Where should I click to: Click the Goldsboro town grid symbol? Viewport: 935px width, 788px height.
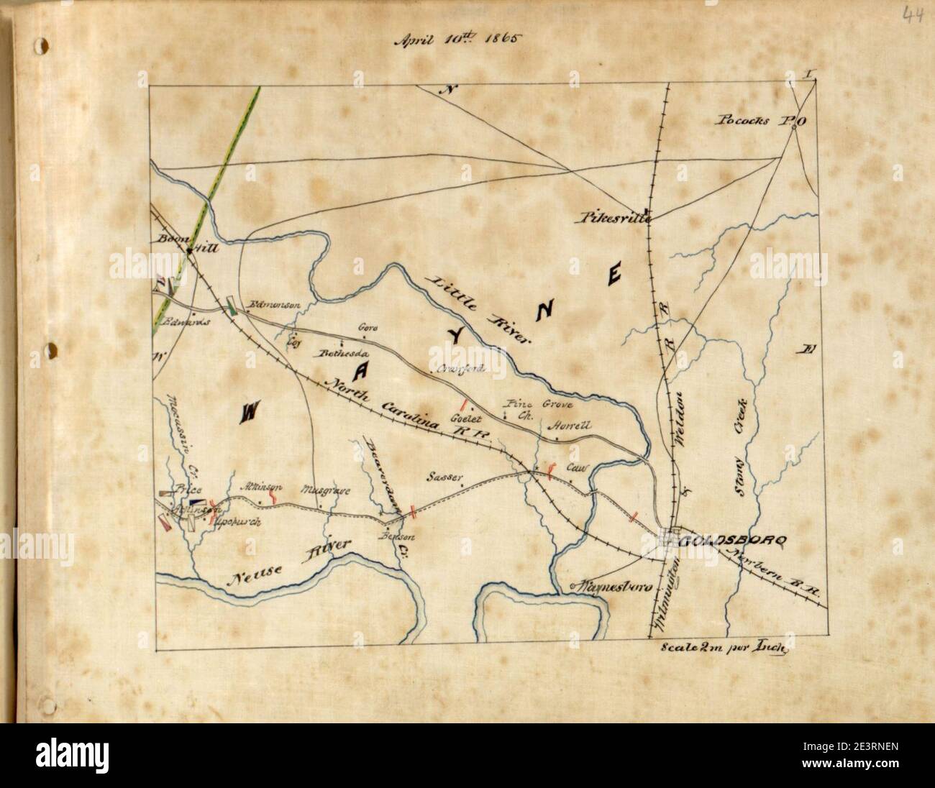[672, 538]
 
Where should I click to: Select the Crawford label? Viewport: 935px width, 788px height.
[462, 369]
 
